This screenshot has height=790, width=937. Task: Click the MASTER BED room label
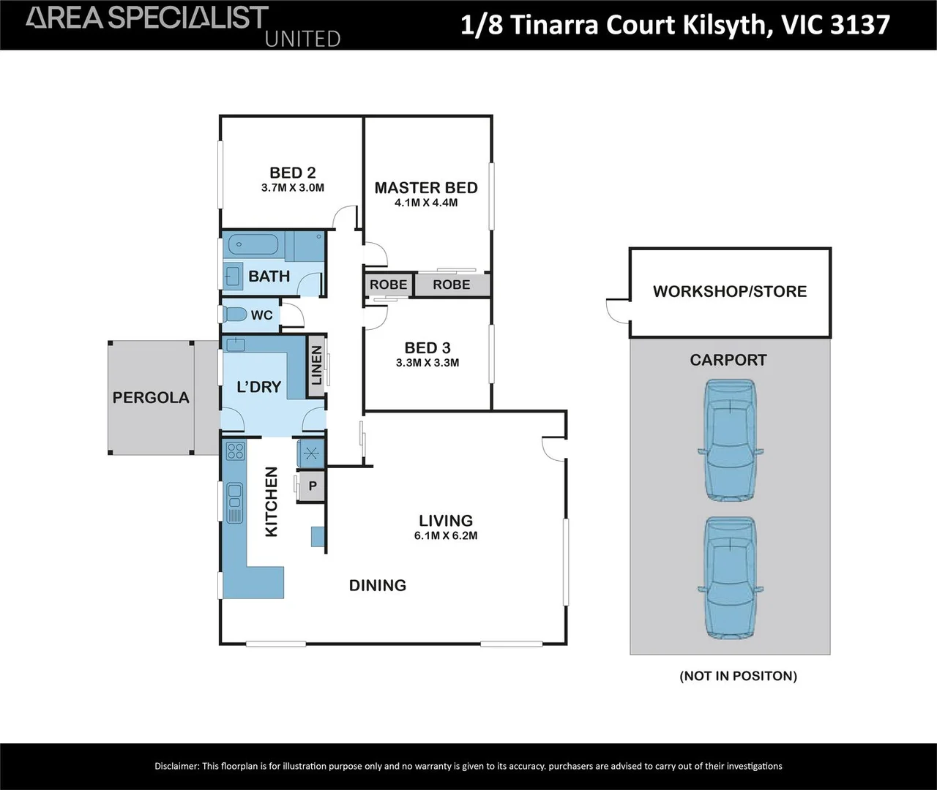click(425, 188)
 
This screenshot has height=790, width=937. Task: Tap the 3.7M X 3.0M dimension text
click(292, 188)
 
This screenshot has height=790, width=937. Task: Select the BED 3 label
click(428, 348)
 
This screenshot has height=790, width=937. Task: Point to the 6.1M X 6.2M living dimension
click(445, 535)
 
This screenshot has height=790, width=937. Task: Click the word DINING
click(377, 585)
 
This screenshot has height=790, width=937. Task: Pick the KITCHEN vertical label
click(272, 502)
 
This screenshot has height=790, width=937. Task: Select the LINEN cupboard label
click(316, 366)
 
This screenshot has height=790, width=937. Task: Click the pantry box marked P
click(313, 486)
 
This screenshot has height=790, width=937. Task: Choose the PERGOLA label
click(151, 398)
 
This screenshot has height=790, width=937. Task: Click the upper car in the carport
click(730, 440)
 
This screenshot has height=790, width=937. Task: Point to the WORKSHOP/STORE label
click(730, 291)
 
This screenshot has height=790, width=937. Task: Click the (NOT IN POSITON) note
click(738, 676)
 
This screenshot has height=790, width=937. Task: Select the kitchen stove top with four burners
click(235, 451)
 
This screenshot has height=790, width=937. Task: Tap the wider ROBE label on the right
click(451, 285)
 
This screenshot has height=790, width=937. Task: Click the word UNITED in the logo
click(302, 39)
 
